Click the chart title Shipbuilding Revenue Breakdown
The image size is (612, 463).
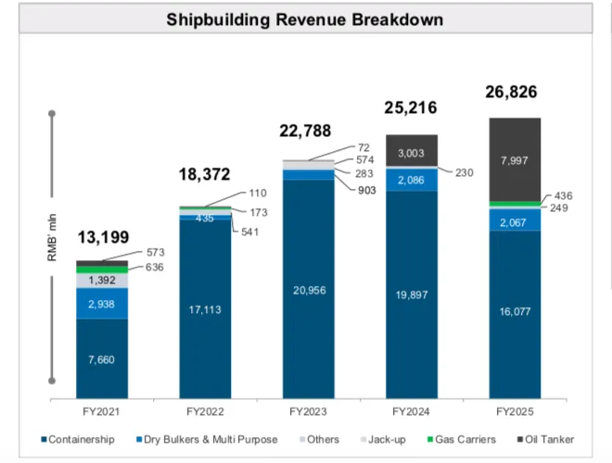pos(304,19)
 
